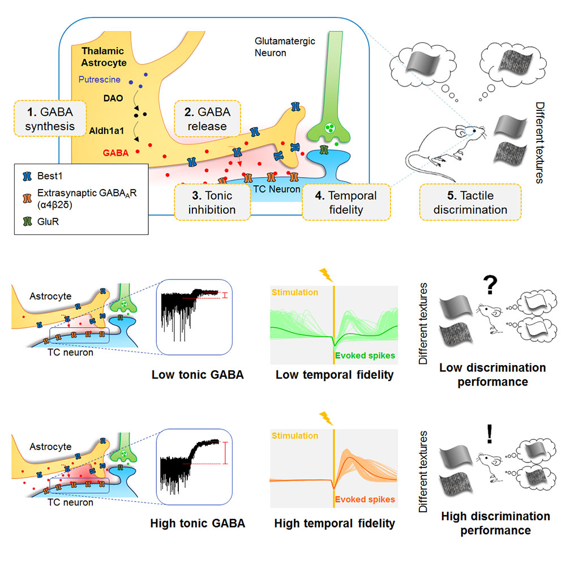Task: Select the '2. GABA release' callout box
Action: click(207, 118)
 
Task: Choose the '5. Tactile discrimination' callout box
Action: click(470, 202)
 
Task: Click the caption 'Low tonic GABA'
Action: click(198, 374)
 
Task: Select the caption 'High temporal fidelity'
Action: click(335, 524)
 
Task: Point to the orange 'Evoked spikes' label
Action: click(365, 499)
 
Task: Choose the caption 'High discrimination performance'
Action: click(495, 523)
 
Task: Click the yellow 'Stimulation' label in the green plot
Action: click(295, 293)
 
